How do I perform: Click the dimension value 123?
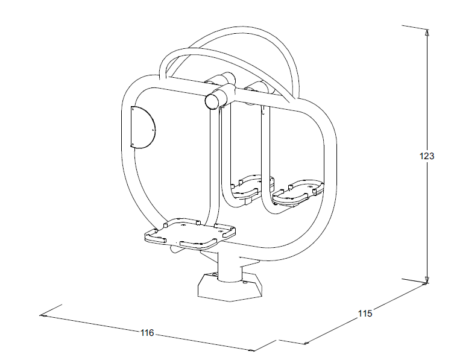[427, 156]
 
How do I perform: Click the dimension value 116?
[147, 333]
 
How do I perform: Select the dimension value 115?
[365, 313]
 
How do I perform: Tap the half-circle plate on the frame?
[142, 127]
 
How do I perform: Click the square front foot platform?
[190, 233]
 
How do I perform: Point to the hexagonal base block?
[230, 287]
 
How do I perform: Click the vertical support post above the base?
[229, 266]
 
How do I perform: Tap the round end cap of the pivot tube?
[212, 102]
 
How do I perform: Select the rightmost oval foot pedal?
[297, 193]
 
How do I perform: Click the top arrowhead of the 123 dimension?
[427, 32]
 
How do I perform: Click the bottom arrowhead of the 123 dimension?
[427, 280]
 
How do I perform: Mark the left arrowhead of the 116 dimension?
[43, 316]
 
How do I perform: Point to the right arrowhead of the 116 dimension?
[251, 350]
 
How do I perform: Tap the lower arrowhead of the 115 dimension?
[307, 343]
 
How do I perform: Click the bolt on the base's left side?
[213, 274]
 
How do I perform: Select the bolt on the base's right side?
[245, 283]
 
